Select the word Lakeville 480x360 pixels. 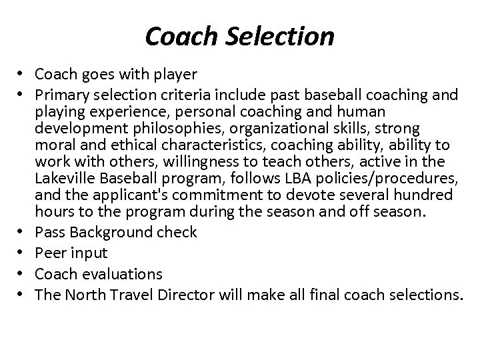tap(62, 179)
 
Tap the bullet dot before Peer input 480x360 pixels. tap(23, 253)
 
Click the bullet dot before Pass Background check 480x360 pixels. tap(23, 232)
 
